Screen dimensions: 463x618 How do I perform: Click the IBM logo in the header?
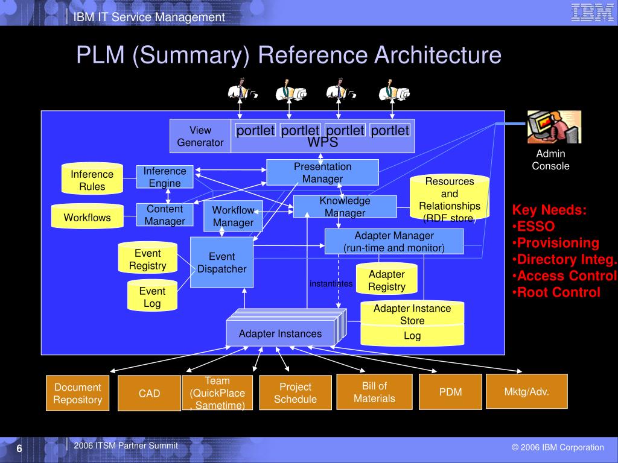coord(592,13)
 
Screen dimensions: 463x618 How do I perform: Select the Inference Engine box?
coord(165,177)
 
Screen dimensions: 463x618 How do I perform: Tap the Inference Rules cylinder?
coord(92,180)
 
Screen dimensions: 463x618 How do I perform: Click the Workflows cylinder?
coord(88,217)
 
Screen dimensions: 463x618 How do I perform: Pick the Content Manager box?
coord(165,215)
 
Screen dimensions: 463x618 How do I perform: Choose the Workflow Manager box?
coord(233,216)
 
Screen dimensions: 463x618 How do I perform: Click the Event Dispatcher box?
coord(221,263)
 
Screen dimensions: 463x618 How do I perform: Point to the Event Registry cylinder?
coord(147,259)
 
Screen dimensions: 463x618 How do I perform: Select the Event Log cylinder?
coord(152,297)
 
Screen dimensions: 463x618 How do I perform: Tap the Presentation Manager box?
coord(322,172)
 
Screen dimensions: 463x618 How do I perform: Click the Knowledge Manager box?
coord(345,207)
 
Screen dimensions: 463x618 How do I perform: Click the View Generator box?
coord(200,136)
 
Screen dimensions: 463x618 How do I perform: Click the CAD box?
coord(149,393)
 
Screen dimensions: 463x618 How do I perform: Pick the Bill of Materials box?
coord(374,392)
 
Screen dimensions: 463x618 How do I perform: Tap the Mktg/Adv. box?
coord(526,391)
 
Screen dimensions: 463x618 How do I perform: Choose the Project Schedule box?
coord(295,393)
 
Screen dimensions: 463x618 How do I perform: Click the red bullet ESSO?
coord(536,227)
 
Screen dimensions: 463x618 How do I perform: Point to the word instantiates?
coord(331,283)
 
